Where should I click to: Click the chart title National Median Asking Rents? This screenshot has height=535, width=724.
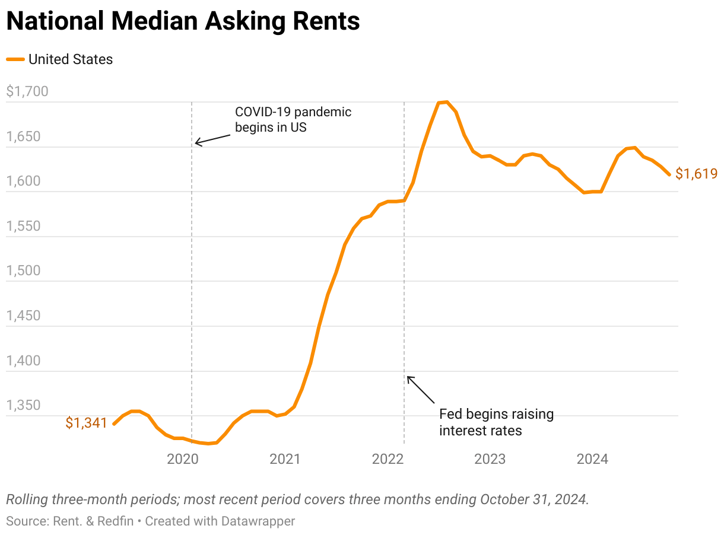tap(183, 22)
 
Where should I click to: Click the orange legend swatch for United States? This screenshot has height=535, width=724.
tap(15, 59)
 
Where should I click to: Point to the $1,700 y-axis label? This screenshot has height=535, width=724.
tap(27, 92)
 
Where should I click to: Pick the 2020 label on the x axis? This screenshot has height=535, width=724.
tap(183, 458)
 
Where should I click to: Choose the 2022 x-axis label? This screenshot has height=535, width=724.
tap(388, 458)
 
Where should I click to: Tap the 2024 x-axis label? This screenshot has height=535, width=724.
tap(592, 458)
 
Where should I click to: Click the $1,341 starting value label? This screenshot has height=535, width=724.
tap(86, 423)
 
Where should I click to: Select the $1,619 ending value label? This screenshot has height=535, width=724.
tap(697, 174)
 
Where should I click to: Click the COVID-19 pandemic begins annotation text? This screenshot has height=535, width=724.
tap(293, 119)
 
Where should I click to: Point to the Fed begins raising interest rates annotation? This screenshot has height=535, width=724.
tap(496, 422)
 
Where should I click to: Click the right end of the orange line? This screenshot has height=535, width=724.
tap(669, 174)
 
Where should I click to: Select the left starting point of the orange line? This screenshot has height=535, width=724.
tap(114, 423)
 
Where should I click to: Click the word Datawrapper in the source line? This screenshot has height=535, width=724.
tap(258, 521)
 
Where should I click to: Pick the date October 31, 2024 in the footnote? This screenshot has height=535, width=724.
tap(534, 499)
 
